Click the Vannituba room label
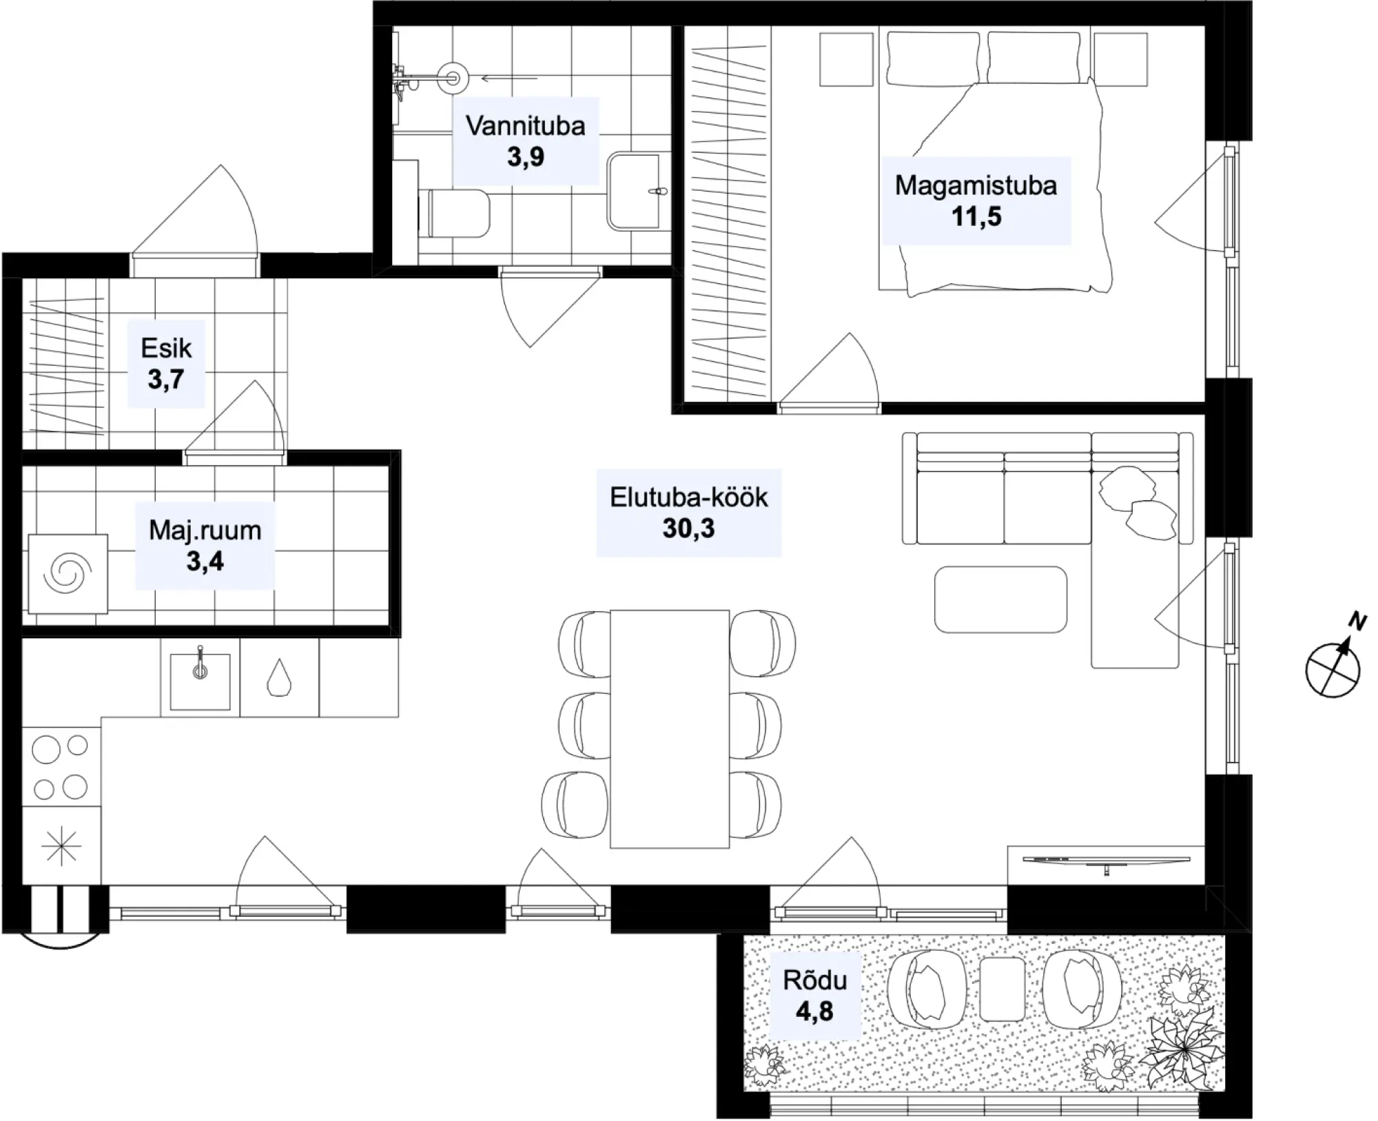(x=525, y=126)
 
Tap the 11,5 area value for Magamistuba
(x=976, y=216)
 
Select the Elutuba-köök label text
(x=688, y=497)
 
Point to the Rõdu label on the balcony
(x=814, y=980)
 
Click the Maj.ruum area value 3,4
(x=205, y=562)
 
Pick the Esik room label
(x=166, y=349)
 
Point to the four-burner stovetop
(x=61, y=767)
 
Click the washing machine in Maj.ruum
(x=68, y=574)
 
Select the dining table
(x=669, y=728)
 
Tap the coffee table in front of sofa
(x=1000, y=599)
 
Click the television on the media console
(x=1107, y=861)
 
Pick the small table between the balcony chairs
(x=1002, y=989)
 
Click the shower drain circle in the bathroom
(x=453, y=78)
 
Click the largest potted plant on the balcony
(x=1182, y=1049)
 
